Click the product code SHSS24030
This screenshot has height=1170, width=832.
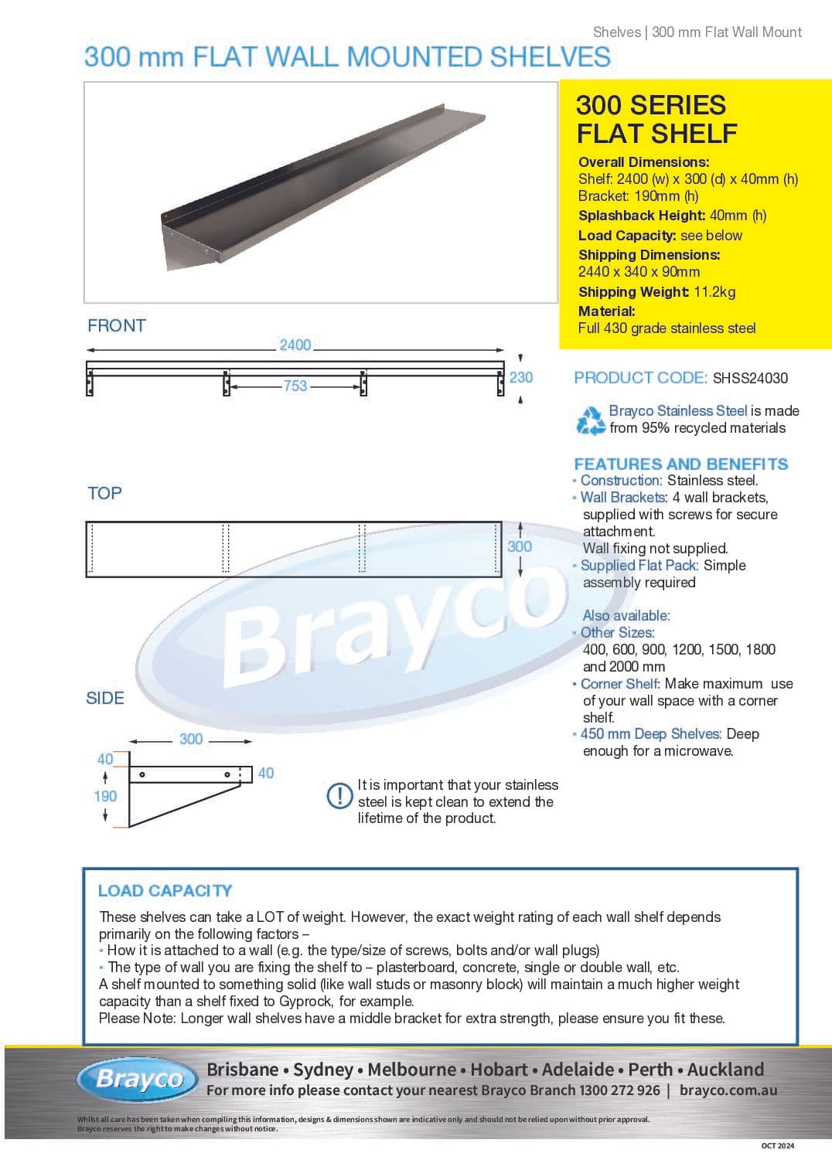click(750, 378)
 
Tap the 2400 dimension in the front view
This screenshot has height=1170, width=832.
click(295, 345)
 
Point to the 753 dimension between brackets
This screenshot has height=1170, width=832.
click(295, 386)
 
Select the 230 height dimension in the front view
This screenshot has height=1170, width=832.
click(520, 377)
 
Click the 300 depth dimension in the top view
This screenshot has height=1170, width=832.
click(519, 546)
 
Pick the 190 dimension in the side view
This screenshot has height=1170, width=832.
click(105, 796)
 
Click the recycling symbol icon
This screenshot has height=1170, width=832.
click(591, 420)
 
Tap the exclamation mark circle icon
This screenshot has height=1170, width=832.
click(339, 795)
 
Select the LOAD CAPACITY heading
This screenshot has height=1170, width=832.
click(165, 890)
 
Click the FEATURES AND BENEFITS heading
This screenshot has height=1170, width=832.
click(680, 464)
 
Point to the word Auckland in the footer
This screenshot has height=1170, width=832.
click(725, 1070)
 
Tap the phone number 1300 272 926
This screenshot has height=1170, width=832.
click(620, 1090)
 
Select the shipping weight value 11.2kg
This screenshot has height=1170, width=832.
click(714, 292)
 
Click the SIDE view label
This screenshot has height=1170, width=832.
click(105, 698)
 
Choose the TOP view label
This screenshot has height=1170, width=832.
click(104, 493)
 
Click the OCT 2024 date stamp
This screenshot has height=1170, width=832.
click(777, 1145)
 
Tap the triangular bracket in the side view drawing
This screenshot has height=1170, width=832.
click(170, 804)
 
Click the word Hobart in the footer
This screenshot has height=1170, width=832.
click(499, 1070)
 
